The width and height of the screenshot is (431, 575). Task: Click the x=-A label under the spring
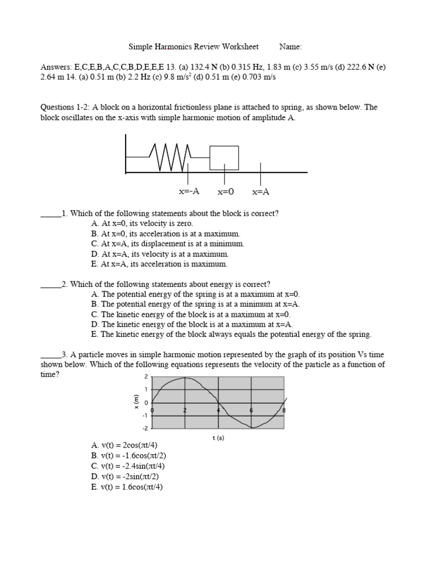[x=189, y=191]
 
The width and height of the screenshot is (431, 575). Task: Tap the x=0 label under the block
[x=225, y=192]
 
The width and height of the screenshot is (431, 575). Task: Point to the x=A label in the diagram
[x=260, y=192]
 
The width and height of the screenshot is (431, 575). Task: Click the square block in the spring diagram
[x=224, y=158]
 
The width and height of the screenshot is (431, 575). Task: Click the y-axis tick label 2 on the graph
[x=146, y=377]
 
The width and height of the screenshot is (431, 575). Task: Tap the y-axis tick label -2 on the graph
[x=145, y=428]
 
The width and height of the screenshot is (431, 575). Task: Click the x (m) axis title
[x=136, y=402]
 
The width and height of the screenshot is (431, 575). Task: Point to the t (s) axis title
[x=218, y=438]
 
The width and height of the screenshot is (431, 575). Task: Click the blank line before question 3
[x=51, y=355]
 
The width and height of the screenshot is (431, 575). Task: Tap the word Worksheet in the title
[x=241, y=47]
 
